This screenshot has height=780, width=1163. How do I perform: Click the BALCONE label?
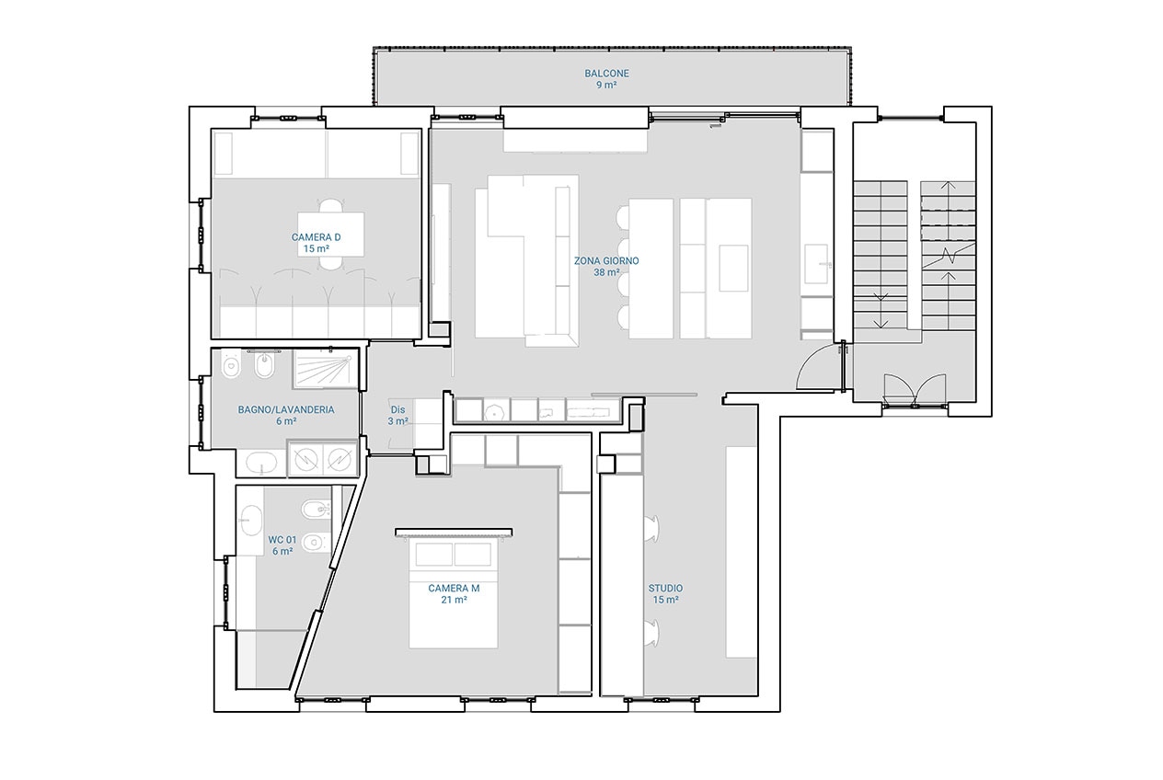(606, 74)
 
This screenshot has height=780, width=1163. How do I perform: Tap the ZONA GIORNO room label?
(606, 261)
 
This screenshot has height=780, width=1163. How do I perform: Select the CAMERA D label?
(317, 237)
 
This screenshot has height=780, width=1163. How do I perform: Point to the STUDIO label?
(665, 589)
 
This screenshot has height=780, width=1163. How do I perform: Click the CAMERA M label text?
(454, 589)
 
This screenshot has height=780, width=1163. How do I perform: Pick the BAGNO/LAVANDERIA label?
(286, 410)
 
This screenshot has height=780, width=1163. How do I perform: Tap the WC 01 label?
(282, 540)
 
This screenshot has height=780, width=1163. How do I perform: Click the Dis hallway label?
(397, 410)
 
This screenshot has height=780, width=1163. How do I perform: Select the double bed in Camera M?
(454, 593)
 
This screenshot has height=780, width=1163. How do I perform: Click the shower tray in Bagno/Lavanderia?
(326, 369)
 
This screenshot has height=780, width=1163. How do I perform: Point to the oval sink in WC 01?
(252, 520)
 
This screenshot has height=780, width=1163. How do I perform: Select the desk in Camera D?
(330, 235)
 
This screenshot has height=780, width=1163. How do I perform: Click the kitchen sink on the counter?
(815, 264)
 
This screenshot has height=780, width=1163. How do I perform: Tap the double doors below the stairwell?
(915, 389)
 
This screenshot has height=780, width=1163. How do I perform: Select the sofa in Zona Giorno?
(527, 260)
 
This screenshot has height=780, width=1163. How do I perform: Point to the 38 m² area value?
(606, 272)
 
